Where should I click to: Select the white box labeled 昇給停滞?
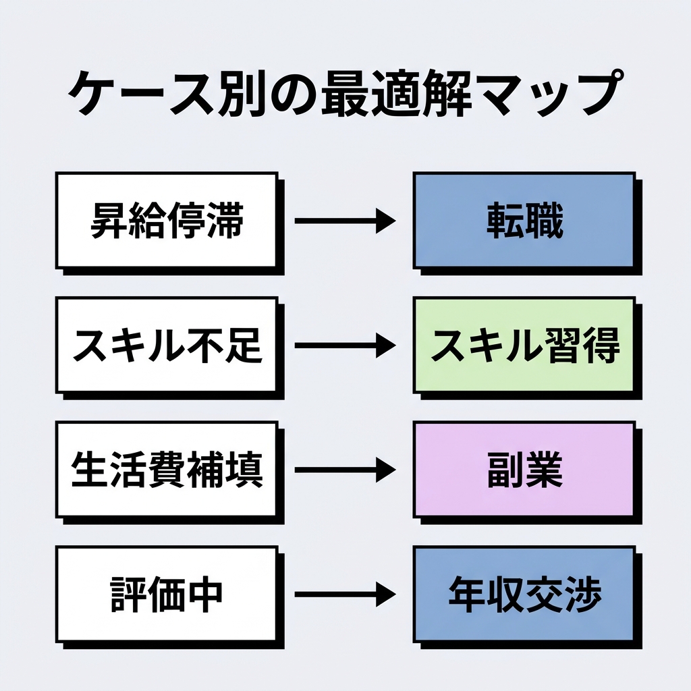[x=167, y=221]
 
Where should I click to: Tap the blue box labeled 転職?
[x=524, y=221]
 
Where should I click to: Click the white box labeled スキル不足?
[x=167, y=345]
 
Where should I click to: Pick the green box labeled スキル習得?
[x=524, y=345]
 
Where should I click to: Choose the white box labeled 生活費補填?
[x=167, y=470]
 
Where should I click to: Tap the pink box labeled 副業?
[x=524, y=470]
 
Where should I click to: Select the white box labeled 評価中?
[x=167, y=595]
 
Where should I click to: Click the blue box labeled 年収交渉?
[x=524, y=595]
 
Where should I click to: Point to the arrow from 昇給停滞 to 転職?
[x=344, y=221]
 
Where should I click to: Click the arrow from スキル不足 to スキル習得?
[x=344, y=345]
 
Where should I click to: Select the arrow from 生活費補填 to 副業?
[x=344, y=470]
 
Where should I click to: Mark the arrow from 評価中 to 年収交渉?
[x=344, y=595]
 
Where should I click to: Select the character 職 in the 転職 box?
[x=544, y=221]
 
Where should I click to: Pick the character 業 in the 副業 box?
[x=544, y=470]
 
